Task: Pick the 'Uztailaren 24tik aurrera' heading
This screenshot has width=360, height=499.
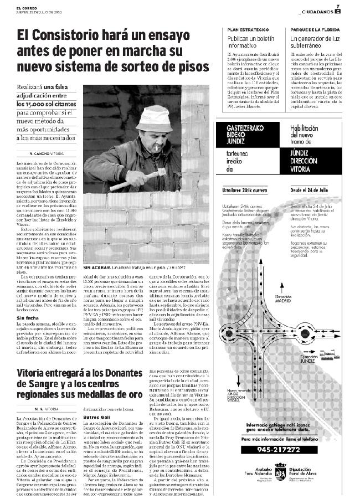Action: click(x=250, y=189)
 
